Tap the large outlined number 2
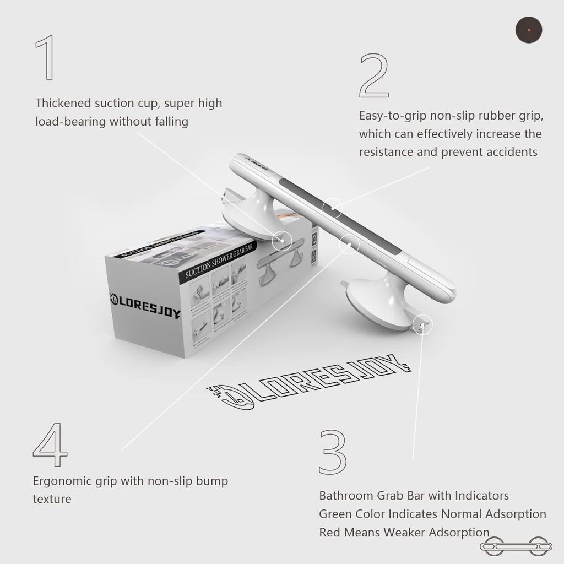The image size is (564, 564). point(374,75)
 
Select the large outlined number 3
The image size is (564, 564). point(332,452)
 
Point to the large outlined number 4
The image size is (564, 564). point(50,444)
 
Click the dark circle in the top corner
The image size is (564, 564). point(529,30)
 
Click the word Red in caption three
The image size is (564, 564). point(329,532)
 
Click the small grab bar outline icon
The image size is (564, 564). point(514,546)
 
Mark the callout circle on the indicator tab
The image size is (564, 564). point(422,325)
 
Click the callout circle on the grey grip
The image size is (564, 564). point(334,208)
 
